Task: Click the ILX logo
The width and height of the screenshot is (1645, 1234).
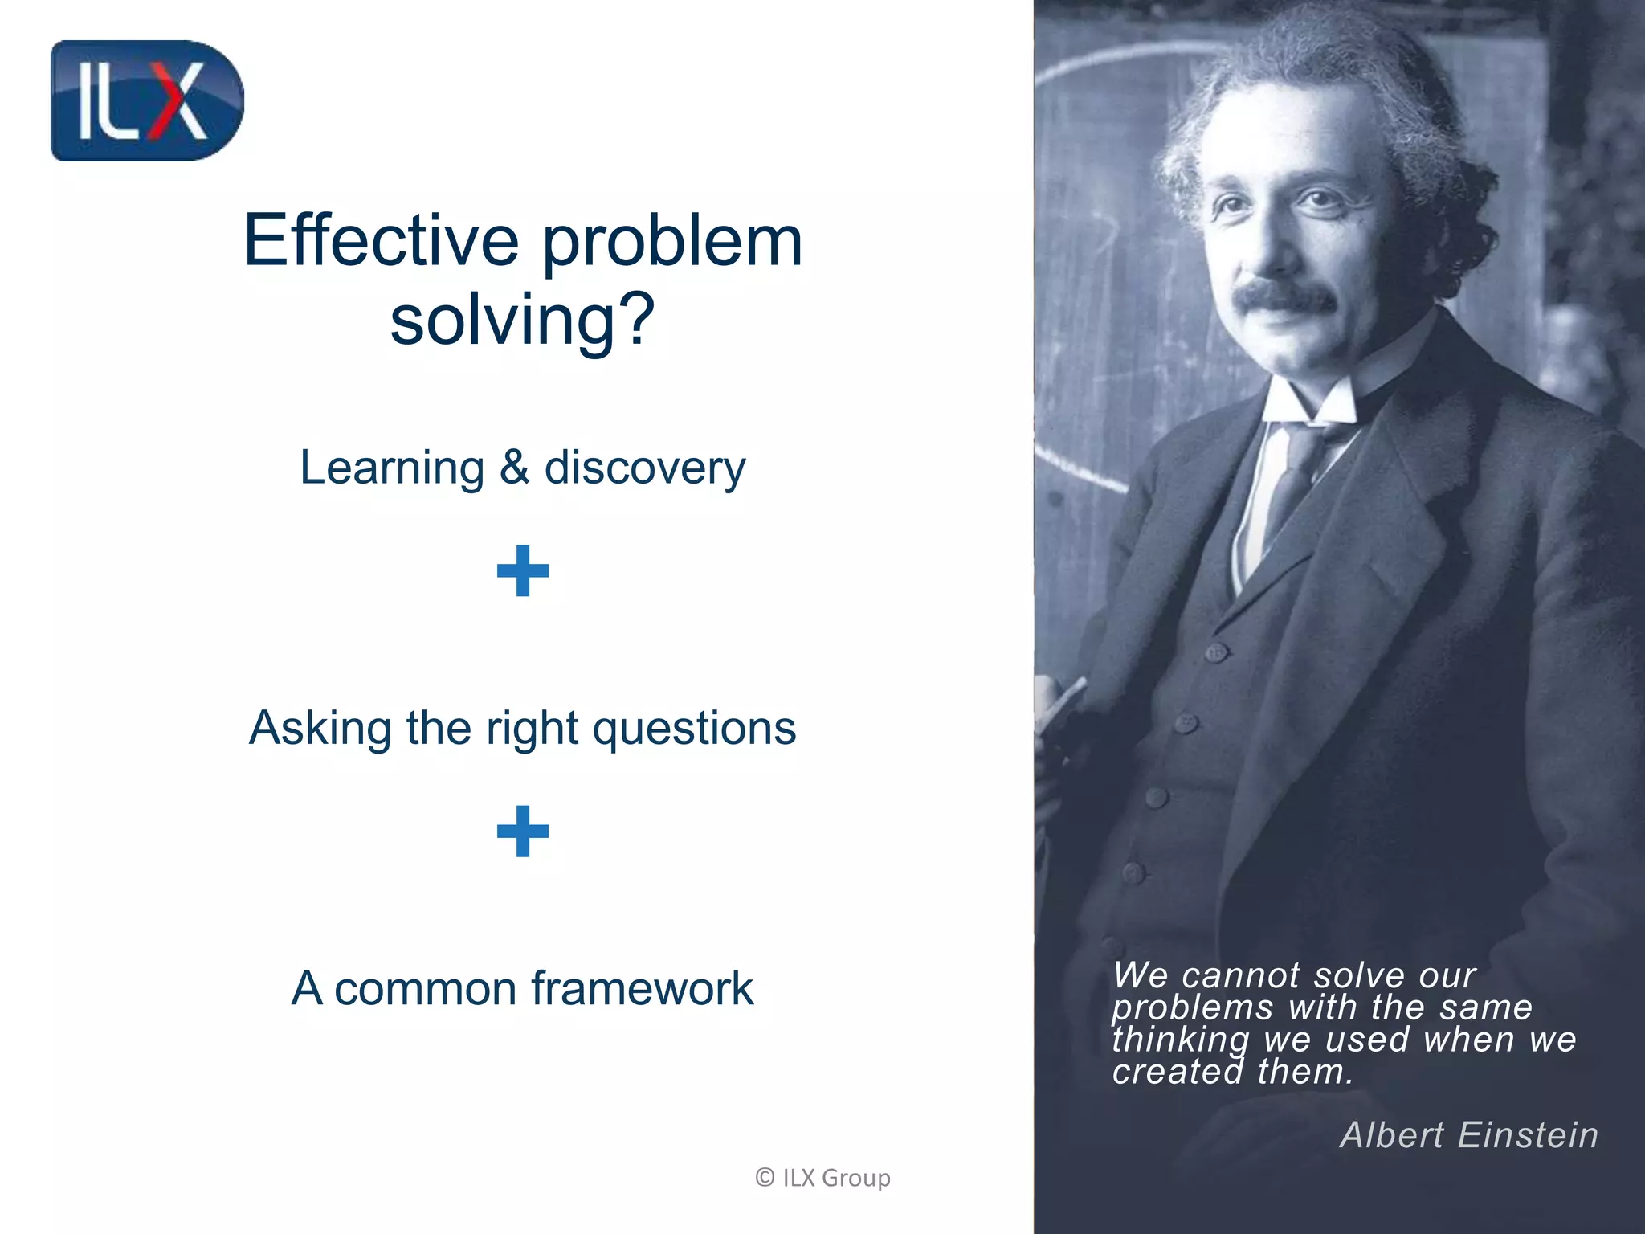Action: click(147, 101)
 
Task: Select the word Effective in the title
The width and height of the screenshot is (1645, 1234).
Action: click(382, 241)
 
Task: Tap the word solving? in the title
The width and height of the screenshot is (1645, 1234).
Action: click(523, 320)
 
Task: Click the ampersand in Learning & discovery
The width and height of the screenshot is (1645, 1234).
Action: click(514, 468)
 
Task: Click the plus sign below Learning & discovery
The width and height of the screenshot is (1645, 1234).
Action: click(523, 570)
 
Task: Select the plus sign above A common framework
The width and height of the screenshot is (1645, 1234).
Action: click(523, 831)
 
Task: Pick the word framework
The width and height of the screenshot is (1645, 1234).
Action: click(643, 988)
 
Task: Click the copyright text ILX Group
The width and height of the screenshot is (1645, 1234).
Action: click(823, 1178)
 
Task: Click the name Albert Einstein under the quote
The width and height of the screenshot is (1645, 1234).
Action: click(1469, 1135)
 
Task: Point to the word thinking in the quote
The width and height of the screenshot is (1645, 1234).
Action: click(1181, 1040)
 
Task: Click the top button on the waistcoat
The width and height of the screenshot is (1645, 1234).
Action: click(1217, 652)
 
